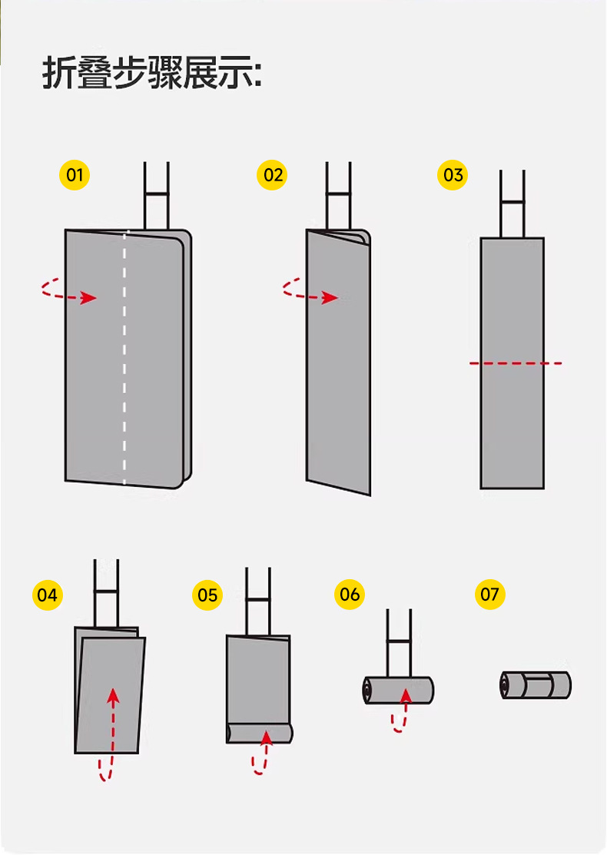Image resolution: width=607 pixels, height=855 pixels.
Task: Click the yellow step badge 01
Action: (75, 175)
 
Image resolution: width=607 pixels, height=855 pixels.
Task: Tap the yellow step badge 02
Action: (274, 175)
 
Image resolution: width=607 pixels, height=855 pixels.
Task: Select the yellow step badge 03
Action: (453, 175)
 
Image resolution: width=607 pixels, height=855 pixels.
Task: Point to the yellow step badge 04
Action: (47, 595)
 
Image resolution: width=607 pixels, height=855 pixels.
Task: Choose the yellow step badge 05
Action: (207, 595)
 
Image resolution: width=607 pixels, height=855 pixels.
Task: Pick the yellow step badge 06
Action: (350, 595)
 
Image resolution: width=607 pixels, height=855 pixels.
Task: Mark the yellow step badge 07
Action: (489, 595)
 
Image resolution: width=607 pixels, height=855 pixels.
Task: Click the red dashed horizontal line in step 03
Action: (516, 363)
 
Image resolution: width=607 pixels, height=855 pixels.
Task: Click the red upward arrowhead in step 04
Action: (113, 695)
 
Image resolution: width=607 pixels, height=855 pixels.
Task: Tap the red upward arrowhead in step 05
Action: (266, 738)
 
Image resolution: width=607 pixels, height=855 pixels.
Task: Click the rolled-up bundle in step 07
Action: (536, 684)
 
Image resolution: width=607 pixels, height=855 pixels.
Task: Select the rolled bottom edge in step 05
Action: (260, 733)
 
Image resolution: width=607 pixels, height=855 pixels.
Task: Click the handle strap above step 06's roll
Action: (399, 641)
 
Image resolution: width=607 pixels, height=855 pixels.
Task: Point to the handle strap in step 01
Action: (156, 195)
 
